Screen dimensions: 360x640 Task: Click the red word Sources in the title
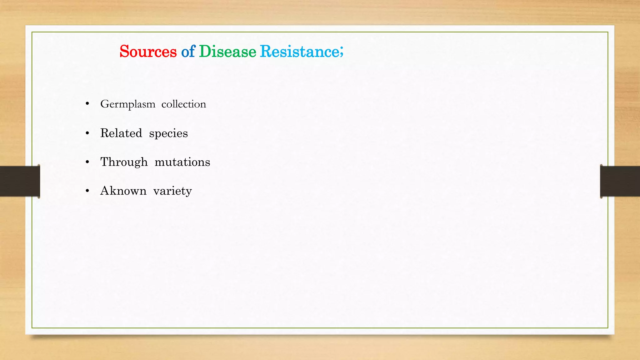[148, 52]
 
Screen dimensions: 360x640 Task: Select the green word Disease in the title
[227, 52]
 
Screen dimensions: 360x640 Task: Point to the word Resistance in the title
[299, 52]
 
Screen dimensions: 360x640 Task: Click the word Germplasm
[127, 104]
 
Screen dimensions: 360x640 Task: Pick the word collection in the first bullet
[184, 104]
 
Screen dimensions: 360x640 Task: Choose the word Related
[121, 133]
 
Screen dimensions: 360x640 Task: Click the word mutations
[182, 162]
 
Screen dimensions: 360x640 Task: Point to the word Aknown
[123, 191]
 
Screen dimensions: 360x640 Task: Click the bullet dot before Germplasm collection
[87, 104]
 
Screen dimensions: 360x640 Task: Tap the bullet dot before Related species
[87, 133]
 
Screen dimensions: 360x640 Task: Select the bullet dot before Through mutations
[87, 162]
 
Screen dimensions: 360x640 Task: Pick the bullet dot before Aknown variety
[87, 191]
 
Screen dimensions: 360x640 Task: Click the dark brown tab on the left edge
[20, 181]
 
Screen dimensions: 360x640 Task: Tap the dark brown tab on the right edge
[620, 181]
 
